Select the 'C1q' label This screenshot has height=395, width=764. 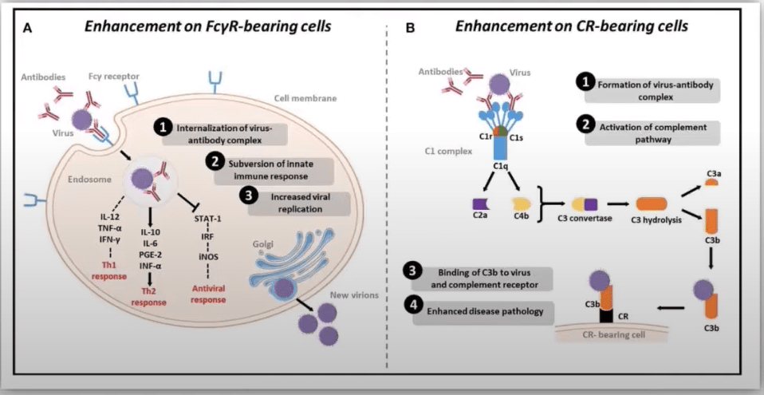500,164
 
